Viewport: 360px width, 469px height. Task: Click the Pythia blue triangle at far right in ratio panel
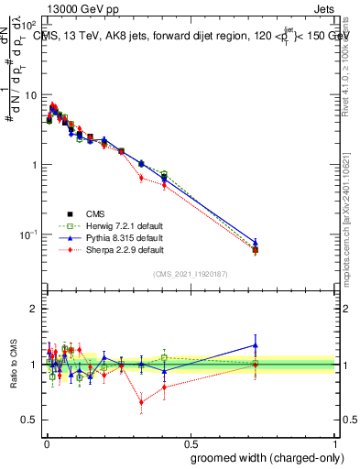[x=256, y=345]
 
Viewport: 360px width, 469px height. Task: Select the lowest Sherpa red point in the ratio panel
[x=141, y=401]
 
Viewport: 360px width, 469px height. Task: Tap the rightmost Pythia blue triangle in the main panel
[x=256, y=243]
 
